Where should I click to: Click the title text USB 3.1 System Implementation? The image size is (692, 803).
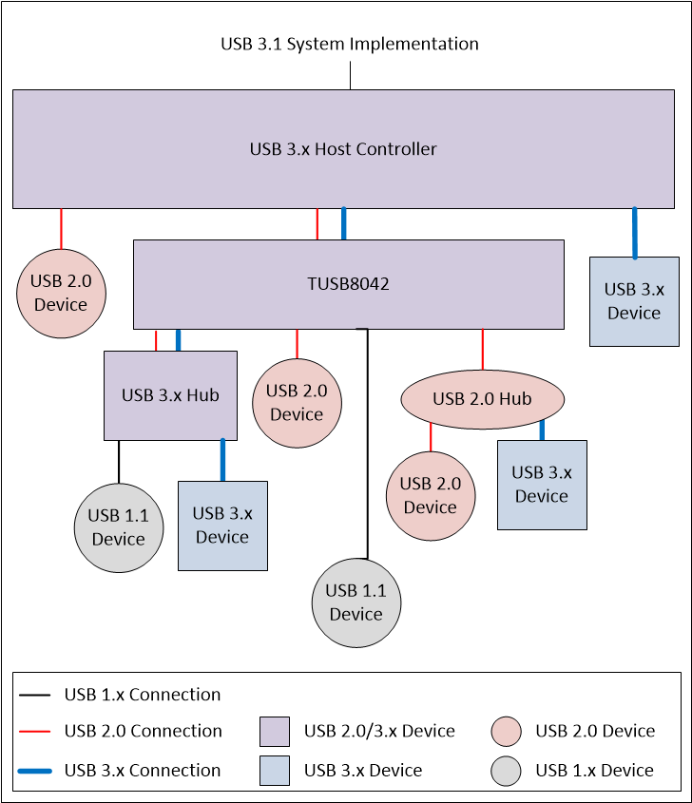click(349, 44)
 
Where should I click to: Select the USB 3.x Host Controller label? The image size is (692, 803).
click(343, 149)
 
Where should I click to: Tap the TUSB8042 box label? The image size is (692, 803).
click(348, 284)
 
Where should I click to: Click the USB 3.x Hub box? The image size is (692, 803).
click(170, 395)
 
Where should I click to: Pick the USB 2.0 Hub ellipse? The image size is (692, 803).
click(482, 399)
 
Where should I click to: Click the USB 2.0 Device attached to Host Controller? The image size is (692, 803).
click(61, 293)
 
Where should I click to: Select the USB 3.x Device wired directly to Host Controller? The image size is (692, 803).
click(634, 301)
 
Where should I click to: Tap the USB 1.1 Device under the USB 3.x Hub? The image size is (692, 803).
click(118, 527)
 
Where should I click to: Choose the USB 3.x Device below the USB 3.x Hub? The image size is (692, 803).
click(222, 526)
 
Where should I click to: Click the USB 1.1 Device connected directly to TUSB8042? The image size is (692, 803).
click(356, 602)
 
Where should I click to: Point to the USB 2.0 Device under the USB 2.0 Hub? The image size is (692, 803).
click(431, 495)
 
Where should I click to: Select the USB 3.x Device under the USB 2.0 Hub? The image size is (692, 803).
click(542, 485)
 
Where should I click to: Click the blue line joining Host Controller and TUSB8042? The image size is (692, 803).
click(343, 223)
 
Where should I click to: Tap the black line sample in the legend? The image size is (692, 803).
click(34, 696)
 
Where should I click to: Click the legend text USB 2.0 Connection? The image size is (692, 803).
click(143, 731)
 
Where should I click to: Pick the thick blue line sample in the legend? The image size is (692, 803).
click(34, 771)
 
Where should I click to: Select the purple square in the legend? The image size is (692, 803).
click(275, 732)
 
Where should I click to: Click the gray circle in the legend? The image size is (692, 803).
click(506, 771)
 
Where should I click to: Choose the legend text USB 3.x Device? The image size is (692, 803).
click(363, 771)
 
